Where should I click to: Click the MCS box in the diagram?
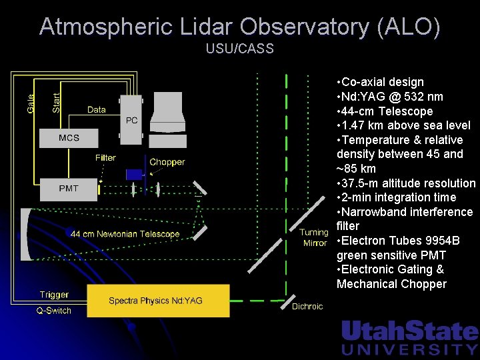click(x=69, y=138)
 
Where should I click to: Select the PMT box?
click(x=69, y=189)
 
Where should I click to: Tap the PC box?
click(x=131, y=120)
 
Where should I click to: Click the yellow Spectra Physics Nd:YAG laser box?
click(x=155, y=301)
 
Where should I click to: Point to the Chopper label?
click(x=167, y=162)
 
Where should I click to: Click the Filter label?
click(x=105, y=158)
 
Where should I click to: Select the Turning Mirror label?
click(x=315, y=238)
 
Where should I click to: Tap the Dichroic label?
click(x=307, y=307)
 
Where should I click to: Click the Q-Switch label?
click(x=53, y=311)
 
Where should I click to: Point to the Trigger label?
click(x=54, y=295)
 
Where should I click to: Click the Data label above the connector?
click(x=97, y=109)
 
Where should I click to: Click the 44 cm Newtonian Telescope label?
click(x=125, y=234)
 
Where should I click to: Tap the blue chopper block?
click(x=135, y=175)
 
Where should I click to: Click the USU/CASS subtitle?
click(x=239, y=49)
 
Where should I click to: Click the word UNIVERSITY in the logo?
click(x=409, y=349)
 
